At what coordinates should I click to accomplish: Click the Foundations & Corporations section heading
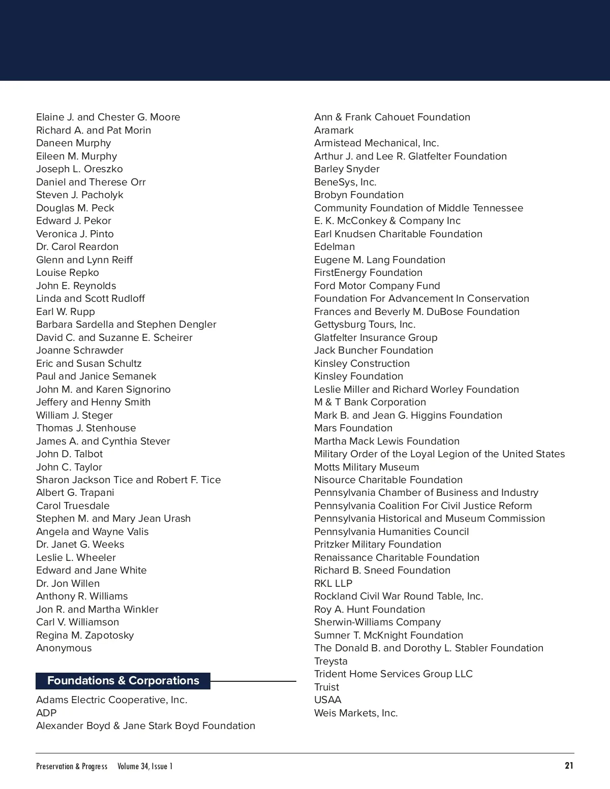coord(123,681)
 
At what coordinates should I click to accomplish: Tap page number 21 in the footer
coord(569,766)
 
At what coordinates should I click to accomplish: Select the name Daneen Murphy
coord(73,143)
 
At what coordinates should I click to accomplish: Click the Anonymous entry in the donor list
coord(64,648)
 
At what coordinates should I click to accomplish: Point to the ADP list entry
coord(46,713)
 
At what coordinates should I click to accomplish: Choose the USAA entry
coord(328,700)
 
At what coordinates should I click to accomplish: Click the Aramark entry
coord(333,131)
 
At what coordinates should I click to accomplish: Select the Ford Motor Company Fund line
coord(377,286)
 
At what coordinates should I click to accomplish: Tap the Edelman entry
coord(334,247)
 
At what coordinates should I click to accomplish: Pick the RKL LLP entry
coord(333,584)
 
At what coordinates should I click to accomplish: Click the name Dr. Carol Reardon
coord(77,247)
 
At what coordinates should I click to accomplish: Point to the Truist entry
coord(326,687)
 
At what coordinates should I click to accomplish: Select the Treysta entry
coord(331,661)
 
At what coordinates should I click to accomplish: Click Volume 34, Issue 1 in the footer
coord(145,766)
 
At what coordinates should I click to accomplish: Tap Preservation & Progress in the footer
coord(72,766)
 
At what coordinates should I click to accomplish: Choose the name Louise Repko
coord(68,273)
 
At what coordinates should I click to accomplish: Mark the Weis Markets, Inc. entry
coord(356,713)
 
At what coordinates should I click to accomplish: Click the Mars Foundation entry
coord(353,428)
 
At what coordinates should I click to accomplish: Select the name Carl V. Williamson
coord(77,622)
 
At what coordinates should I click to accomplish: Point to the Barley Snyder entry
coord(347,169)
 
